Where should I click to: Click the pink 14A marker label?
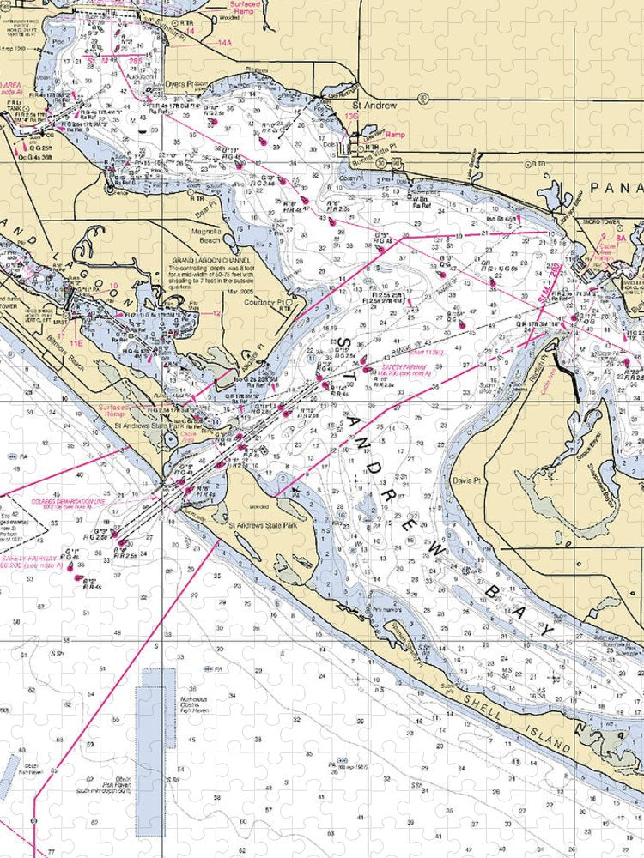[224, 42]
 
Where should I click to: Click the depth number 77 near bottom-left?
[51, 851]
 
